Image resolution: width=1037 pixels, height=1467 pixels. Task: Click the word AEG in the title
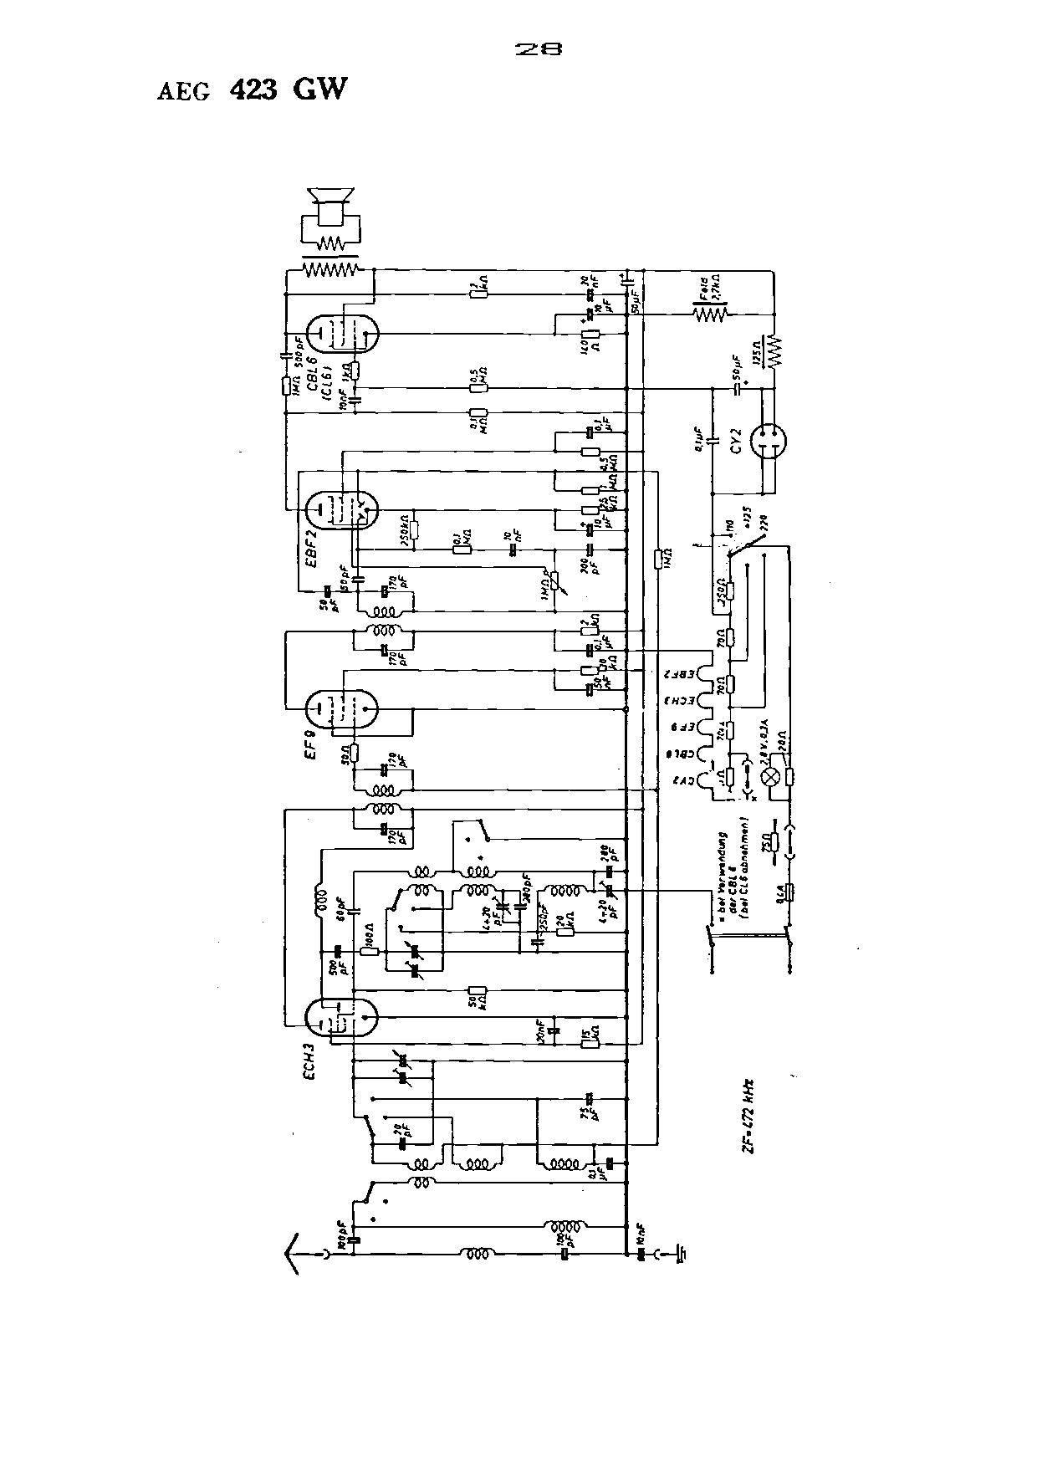183,91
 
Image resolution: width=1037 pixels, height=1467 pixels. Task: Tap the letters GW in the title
319,89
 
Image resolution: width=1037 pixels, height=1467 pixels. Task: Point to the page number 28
538,49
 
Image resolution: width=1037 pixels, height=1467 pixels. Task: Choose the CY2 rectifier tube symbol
769,440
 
